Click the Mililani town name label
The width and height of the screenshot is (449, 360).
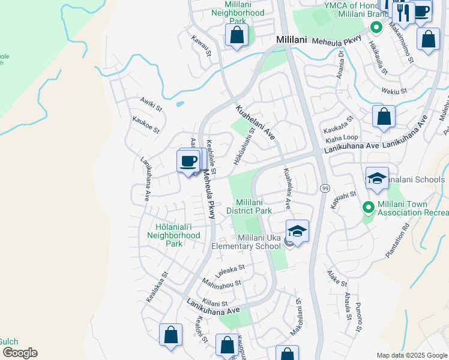click(291, 40)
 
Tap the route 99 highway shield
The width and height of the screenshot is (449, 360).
click(324, 188)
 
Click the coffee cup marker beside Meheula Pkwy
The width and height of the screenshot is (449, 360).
click(188, 161)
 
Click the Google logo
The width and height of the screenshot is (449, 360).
click(19, 353)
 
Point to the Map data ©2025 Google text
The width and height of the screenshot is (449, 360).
click(411, 355)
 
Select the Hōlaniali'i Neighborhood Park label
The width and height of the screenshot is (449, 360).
click(173, 235)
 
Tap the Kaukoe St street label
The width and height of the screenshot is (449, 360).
click(146, 125)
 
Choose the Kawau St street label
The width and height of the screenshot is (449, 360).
click(202, 46)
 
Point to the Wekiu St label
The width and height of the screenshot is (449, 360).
click(394, 91)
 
